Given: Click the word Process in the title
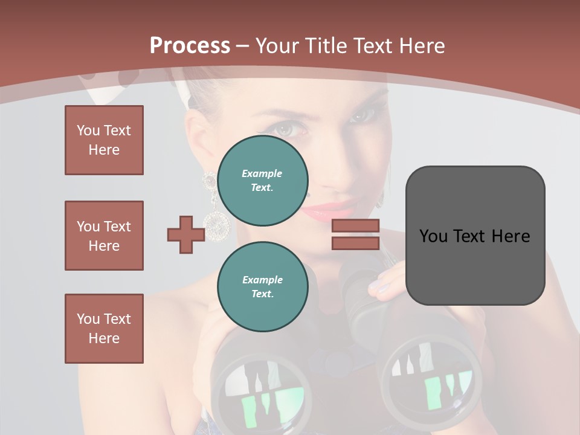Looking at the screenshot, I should pyautogui.click(x=190, y=45).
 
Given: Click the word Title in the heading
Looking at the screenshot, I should pyautogui.click(x=326, y=46).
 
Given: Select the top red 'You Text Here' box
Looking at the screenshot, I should pyautogui.click(x=104, y=140).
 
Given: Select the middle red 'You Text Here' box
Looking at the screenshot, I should pyautogui.click(x=104, y=236).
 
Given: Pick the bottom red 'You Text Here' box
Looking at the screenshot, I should pyautogui.click(x=104, y=329).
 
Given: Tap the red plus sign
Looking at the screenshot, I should pyautogui.click(x=185, y=234).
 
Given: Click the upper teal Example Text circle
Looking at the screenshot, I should pyautogui.click(x=262, y=181).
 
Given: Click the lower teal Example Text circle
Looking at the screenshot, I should pyautogui.click(x=262, y=287).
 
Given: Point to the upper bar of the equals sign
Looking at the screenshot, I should pyautogui.click(x=355, y=225).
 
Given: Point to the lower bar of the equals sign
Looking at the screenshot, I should pyautogui.click(x=355, y=243).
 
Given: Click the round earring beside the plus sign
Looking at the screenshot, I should pyautogui.click(x=217, y=225).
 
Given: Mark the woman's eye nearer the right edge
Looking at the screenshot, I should pyautogui.click(x=361, y=114).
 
